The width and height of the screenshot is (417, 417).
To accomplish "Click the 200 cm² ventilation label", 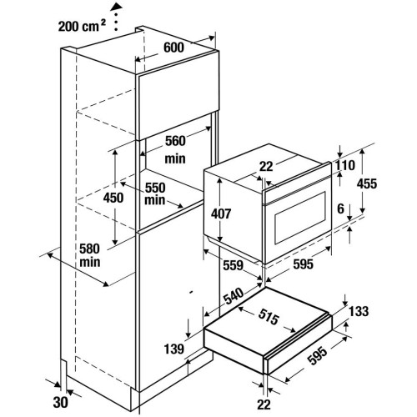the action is tap(82, 27).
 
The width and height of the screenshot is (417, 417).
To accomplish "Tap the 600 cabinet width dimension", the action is tap(173, 48).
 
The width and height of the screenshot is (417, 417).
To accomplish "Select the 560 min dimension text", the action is tap(175, 149).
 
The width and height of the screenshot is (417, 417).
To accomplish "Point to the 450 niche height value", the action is tap(113, 198).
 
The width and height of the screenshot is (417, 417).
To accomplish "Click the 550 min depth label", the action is tap(155, 194).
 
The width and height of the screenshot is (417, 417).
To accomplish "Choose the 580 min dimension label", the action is tap(90, 255).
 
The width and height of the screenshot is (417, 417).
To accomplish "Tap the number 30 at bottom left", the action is tap(60, 402).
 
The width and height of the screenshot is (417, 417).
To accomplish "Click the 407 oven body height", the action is tap(221, 214).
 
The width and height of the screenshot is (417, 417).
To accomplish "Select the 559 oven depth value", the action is tap(234, 265).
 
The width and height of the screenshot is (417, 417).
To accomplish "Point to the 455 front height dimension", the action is tap(367, 183).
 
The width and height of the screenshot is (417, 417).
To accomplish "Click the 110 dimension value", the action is tap(345, 165).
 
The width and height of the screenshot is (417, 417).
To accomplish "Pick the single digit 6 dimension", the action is tap(341, 208).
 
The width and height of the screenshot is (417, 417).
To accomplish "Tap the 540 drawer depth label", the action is tap(234, 296).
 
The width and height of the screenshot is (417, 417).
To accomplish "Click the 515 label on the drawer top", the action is tap(269, 317).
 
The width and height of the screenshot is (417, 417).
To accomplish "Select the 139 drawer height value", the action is tap(174, 349).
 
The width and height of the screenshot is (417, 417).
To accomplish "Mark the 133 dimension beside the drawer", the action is tap(359, 311).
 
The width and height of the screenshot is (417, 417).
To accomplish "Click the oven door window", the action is tap(300, 218).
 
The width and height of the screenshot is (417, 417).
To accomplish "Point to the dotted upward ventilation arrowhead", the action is tap(116, 7).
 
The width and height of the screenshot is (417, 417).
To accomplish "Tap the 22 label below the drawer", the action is tap(264, 404).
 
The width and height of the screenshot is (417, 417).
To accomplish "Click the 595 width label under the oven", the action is tap(303, 264).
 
